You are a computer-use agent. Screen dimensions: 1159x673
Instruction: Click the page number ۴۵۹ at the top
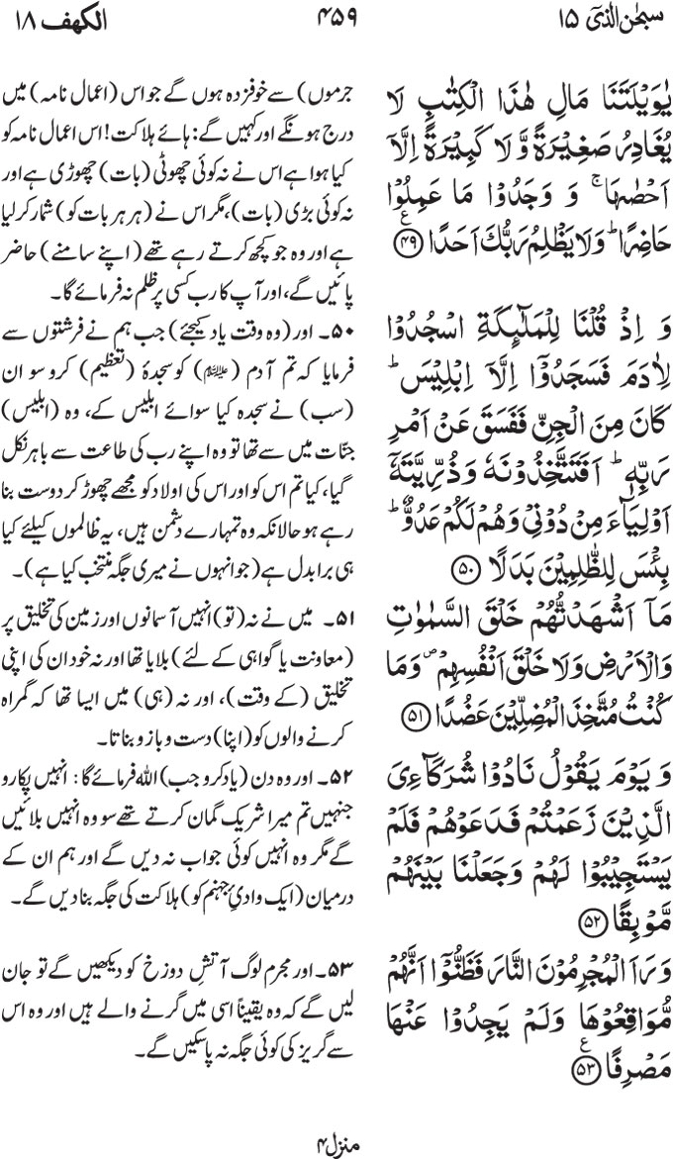pyautogui.click(x=336, y=18)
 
